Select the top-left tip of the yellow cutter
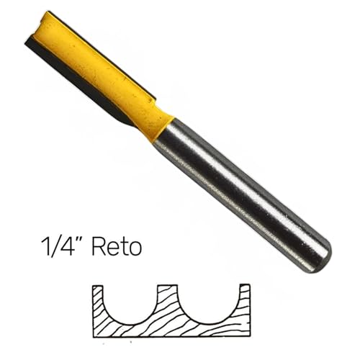[x=48, y=16]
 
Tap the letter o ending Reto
[x=134, y=248]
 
